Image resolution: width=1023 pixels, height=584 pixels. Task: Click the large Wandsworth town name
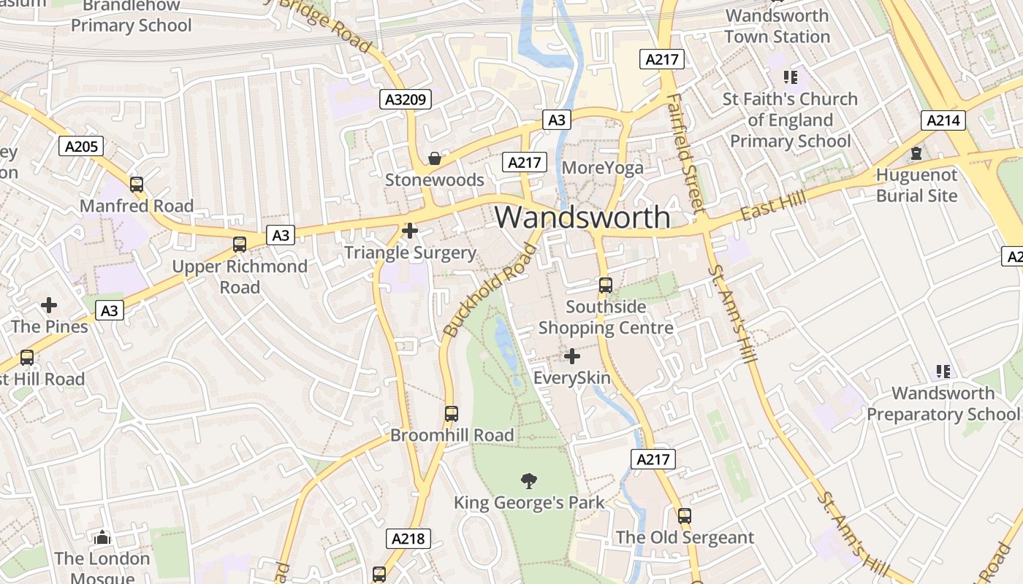[582, 217]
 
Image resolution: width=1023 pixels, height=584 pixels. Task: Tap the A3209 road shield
[406, 99]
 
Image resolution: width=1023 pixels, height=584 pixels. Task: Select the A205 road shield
[81, 146]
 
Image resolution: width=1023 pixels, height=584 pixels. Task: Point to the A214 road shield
[943, 120]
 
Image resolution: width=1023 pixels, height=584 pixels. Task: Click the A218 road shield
[408, 539]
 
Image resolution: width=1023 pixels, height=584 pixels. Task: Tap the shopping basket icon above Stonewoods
[435, 158]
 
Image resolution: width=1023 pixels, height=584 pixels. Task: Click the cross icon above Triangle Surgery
[410, 231]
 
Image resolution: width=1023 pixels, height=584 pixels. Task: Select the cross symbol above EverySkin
[572, 356]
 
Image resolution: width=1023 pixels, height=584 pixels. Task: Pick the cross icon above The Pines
[49, 304]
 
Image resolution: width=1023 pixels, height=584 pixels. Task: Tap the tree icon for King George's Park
[529, 480]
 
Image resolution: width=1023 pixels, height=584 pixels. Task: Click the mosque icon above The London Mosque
[102, 538]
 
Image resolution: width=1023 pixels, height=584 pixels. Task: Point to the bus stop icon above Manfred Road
[137, 184]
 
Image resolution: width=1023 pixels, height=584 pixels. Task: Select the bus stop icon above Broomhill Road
[452, 413]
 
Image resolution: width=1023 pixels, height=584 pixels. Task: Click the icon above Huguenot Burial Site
[916, 153]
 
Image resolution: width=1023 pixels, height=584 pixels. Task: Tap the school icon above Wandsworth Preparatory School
[943, 372]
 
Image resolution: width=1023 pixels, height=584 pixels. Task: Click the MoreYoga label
[603, 168]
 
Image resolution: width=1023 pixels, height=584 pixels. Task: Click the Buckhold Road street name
[490, 291]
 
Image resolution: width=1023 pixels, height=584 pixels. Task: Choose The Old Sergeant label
[685, 538]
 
